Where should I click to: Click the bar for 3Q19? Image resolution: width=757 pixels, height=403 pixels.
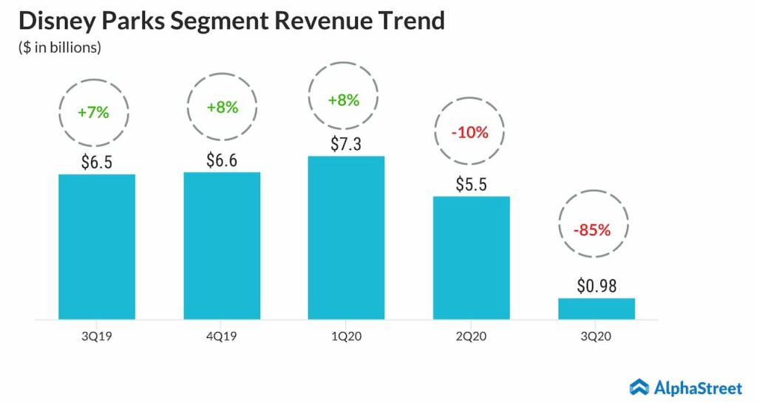click(97, 247)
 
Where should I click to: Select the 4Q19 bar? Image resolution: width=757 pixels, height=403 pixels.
click(222, 246)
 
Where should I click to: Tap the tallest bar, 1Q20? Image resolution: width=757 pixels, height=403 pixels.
click(347, 238)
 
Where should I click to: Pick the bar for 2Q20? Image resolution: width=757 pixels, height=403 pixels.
click(472, 258)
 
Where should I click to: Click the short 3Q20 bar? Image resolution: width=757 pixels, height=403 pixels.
click(597, 309)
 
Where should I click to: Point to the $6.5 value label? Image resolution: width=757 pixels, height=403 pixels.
click(97, 162)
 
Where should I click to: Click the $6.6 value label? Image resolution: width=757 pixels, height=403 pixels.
click(222, 160)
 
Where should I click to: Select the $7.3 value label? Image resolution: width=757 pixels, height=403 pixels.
click(347, 145)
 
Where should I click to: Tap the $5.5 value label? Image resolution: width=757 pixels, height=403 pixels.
click(472, 185)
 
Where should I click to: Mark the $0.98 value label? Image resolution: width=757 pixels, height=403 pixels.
click(597, 286)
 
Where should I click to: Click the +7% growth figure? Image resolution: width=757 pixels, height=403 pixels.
click(93, 113)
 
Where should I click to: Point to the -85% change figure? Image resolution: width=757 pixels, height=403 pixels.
click(592, 230)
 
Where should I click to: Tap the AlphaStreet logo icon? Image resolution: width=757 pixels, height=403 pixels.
click(639, 386)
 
